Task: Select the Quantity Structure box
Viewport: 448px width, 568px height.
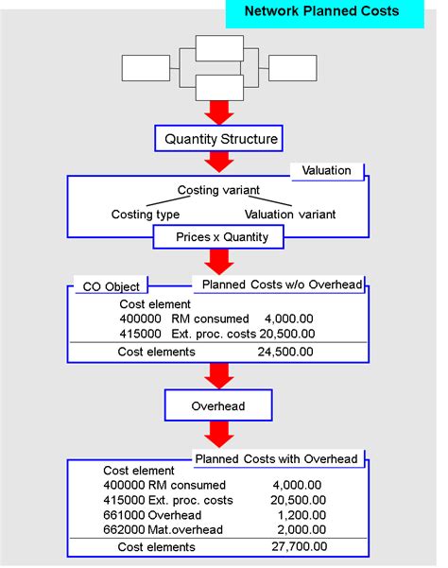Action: pyautogui.click(x=221, y=139)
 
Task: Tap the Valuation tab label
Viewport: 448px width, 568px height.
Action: pyautogui.click(x=326, y=171)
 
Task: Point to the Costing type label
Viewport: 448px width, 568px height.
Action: pyautogui.click(x=145, y=215)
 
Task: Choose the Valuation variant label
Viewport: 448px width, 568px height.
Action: pyautogui.click(x=289, y=215)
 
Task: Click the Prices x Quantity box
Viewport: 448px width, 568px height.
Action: pyautogui.click(x=221, y=237)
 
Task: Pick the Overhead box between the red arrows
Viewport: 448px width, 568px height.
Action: pyautogui.click(x=218, y=405)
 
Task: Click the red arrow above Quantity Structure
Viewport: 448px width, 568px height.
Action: pyautogui.click(x=219, y=112)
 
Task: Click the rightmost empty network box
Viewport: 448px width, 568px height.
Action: pyautogui.click(x=293, y=68)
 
